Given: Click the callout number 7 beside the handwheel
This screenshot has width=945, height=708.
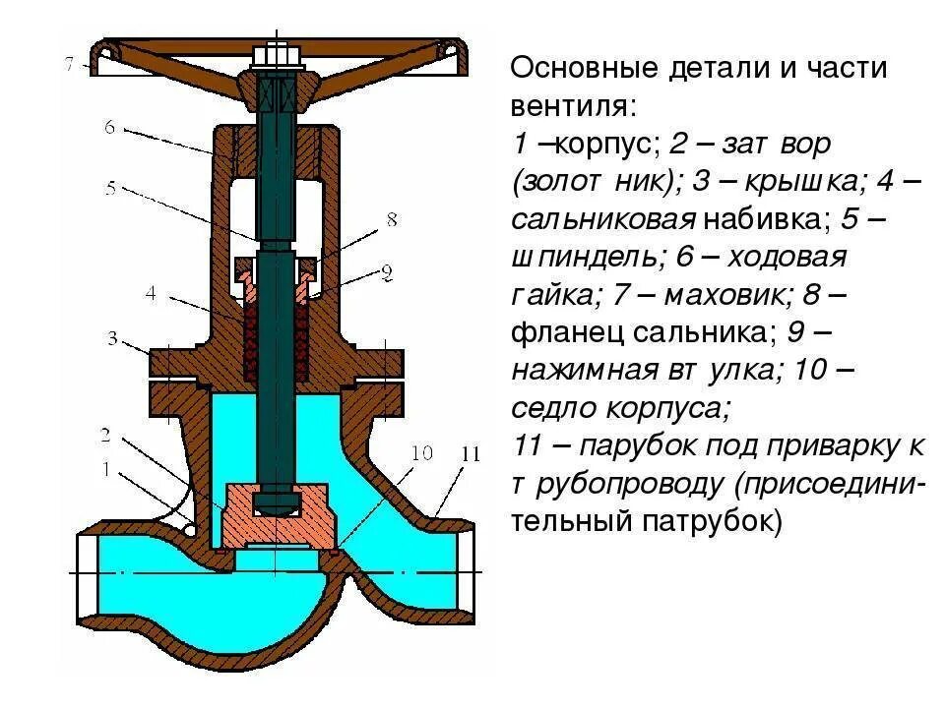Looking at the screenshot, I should point(69,65).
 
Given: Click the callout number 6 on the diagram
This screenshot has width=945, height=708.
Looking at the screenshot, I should point(109,127).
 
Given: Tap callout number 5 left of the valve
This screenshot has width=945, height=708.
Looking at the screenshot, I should point(111,188).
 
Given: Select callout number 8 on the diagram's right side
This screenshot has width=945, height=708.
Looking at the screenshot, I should point(391,220).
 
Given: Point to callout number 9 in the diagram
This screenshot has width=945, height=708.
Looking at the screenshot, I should point(386,270).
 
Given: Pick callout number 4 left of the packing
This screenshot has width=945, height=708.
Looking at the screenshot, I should point(151,292).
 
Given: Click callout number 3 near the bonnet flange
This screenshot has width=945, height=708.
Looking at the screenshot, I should point(113,339).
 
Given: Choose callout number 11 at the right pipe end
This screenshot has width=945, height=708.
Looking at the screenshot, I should point(471,453).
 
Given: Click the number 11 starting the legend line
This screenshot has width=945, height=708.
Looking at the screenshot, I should point(530,446).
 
